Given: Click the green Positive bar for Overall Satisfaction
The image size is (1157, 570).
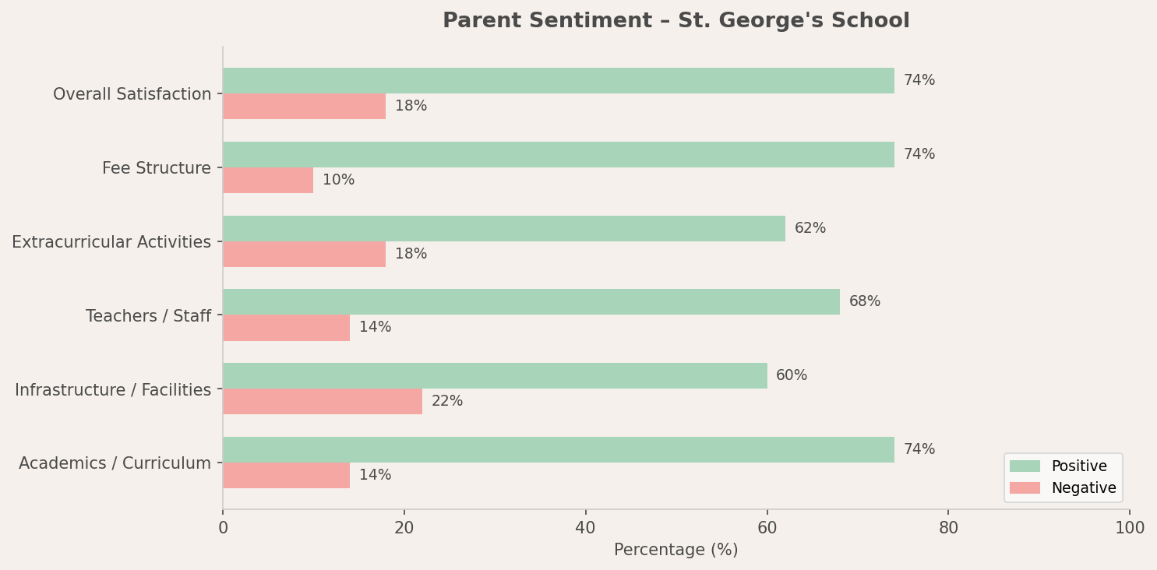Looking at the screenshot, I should point(558,81).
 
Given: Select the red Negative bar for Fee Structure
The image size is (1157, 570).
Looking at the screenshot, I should point(268,181).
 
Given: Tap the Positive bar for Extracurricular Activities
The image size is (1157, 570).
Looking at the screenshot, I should point(503,229).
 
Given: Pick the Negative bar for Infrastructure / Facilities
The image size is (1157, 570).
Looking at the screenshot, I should point(322,402).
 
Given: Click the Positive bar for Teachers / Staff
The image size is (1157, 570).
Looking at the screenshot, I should point(531,302).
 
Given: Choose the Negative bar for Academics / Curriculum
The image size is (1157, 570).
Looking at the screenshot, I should point(286,476).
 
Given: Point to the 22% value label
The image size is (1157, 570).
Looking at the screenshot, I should point(447,402).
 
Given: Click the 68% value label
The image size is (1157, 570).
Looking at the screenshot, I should point(865,302).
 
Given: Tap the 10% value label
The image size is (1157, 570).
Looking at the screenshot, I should point(338,181).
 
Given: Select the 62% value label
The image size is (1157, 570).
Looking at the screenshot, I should point(810,229).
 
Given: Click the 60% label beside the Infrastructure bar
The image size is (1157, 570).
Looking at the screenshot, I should point(792,376).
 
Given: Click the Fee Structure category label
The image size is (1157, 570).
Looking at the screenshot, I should point(157,168).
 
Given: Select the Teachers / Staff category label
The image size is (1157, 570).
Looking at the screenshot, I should point(148,316).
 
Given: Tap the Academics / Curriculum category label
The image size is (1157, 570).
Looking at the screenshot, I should point(115,464).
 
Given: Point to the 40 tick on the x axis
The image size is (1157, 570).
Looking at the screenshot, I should point(585,529).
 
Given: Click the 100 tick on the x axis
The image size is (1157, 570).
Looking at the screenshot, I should point(1129,529).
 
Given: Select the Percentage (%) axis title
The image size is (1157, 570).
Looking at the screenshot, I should point(676,551).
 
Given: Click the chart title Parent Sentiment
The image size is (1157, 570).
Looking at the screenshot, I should point(676,21).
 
